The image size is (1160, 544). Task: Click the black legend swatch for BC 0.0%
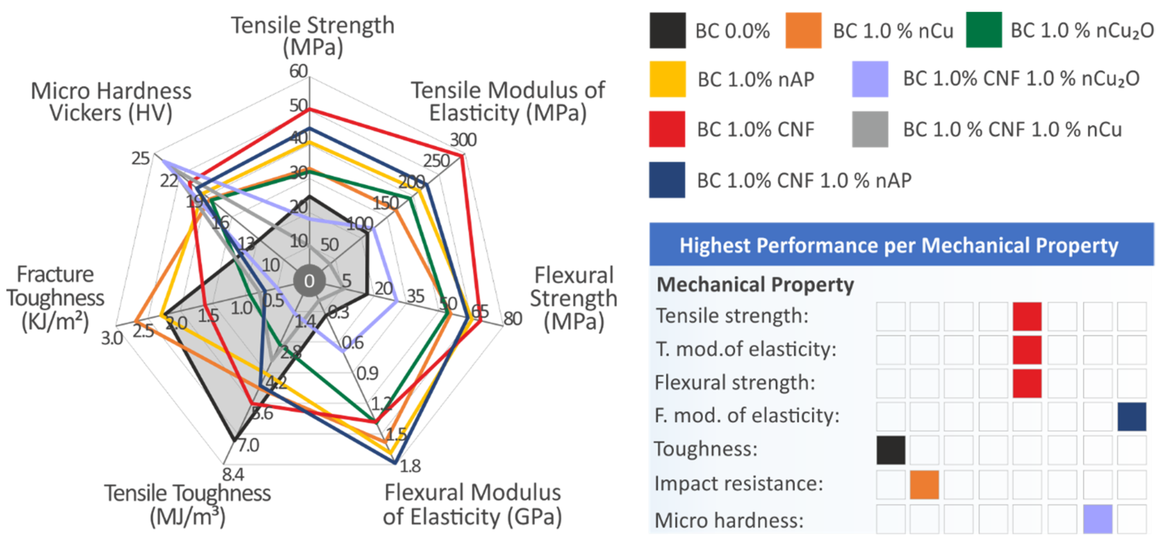point(667,31)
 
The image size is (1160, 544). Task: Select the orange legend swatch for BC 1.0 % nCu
point(803,31)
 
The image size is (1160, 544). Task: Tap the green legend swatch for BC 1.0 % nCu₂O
point(984,30)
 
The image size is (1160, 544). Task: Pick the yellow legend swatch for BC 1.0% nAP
point(667,79)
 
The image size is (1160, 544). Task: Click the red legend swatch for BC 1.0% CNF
point(667,129)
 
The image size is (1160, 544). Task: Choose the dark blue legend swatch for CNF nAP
point(667,180)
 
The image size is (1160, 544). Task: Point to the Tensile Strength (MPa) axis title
point(313,36)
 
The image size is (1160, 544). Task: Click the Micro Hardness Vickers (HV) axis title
point(111,102)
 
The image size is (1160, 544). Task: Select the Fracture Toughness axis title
point(55,298)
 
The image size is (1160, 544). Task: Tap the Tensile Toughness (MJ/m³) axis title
point(187,505)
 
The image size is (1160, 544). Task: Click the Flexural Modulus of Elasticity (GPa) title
point(472,505)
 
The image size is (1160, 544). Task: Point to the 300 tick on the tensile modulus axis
point(463,140)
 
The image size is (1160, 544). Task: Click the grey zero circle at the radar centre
point(309,281)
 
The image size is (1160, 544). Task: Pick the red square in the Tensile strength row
point(1027,316)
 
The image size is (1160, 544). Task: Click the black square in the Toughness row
point(891,450)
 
